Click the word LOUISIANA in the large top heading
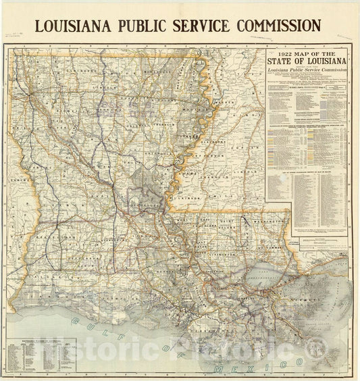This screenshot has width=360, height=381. click(x=75, y=26)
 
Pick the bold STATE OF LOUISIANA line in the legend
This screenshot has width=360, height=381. click(x=307, y=64)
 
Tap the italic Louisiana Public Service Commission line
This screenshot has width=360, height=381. click(x=307, y=75)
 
